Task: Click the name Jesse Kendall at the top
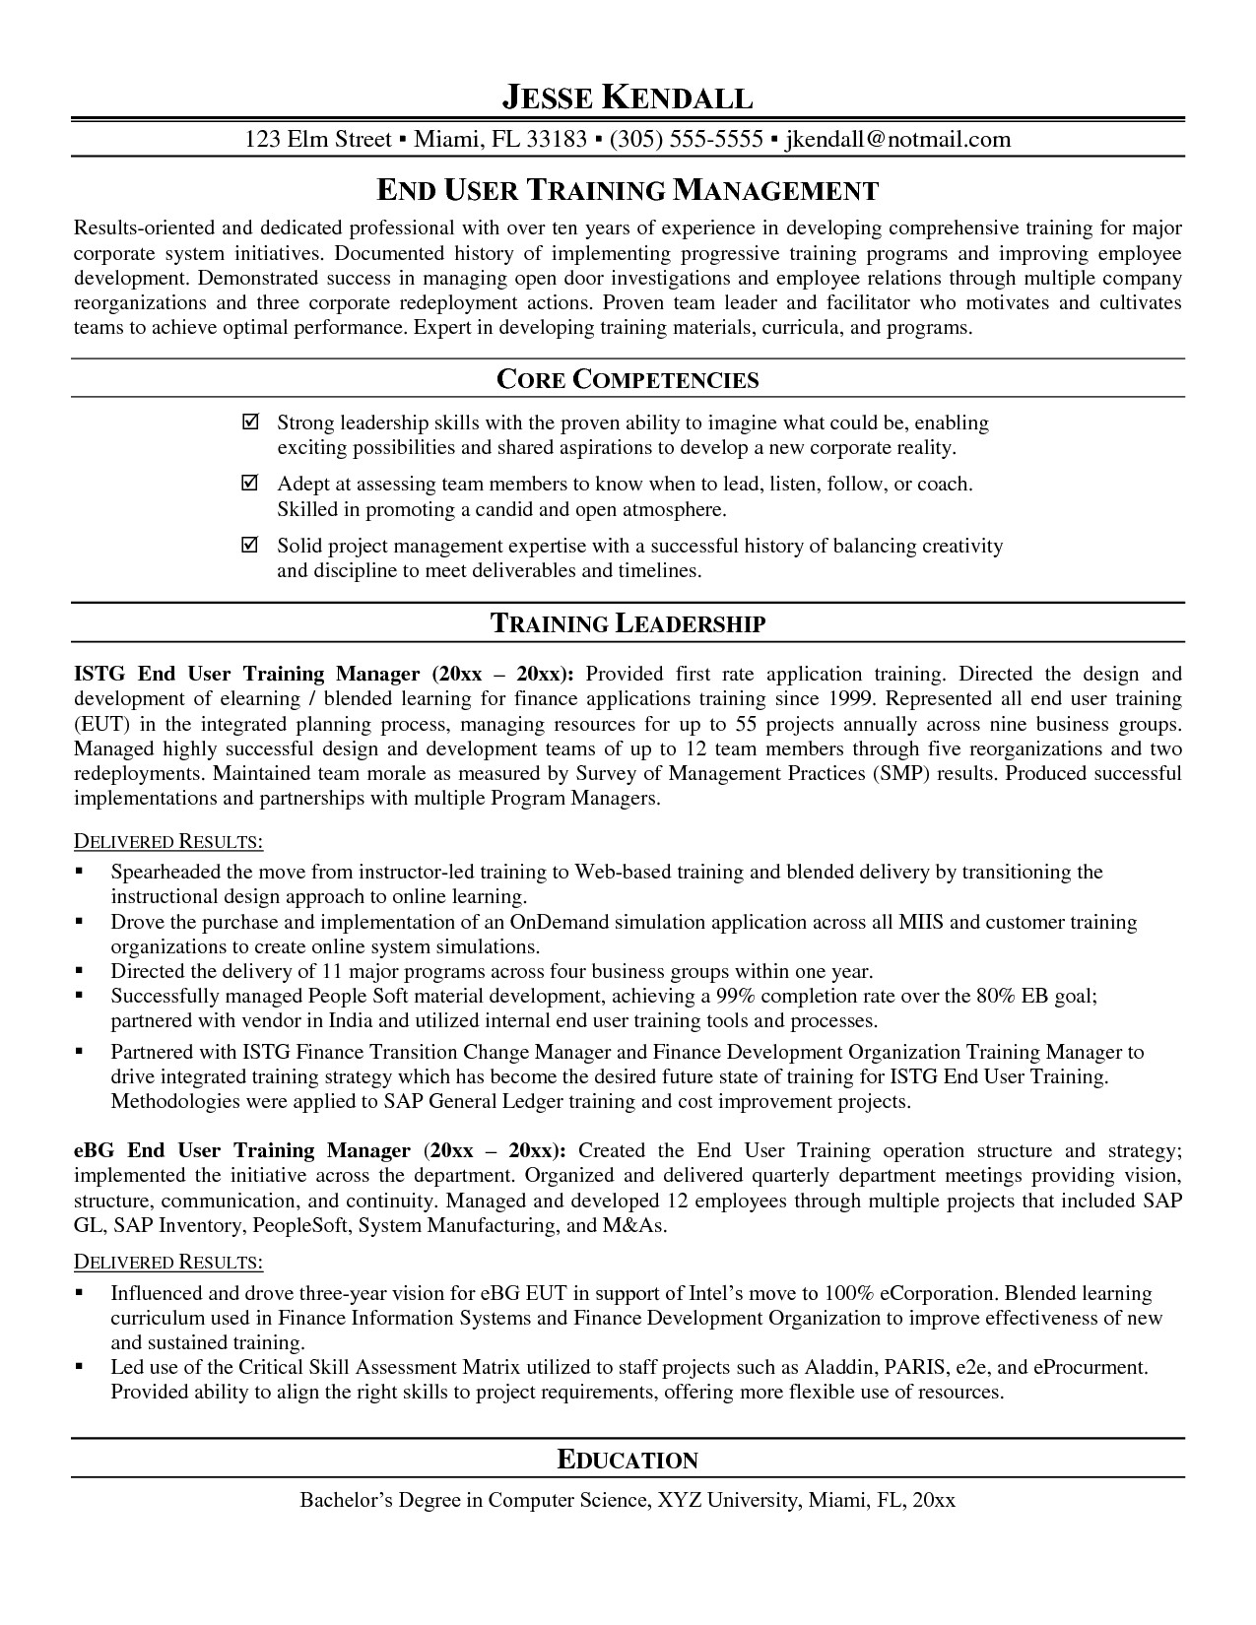click(628, 97)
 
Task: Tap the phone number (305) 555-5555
click(687, 140)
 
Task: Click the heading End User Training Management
click(628, 189)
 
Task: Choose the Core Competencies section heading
click(628, 379)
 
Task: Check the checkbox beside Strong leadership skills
click(250, 422)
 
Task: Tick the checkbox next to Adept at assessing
click(250, 484)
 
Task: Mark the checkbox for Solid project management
click(250, 545)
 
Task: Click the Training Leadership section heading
click(628, 622)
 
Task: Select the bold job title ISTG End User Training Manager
click(246, 675)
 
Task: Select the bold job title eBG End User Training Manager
click(241, 1151)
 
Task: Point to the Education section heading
click(628, 1460)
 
